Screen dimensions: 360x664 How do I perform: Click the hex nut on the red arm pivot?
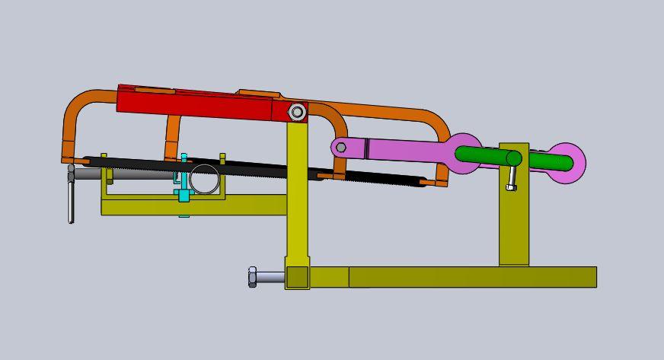297,113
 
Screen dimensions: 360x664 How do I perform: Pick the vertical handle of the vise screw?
71,202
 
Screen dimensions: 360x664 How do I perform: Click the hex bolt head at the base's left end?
253,277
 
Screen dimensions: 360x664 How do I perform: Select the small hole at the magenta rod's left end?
341,147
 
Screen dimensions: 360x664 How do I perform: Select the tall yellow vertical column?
298,198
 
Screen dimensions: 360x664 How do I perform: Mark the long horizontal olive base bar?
472,277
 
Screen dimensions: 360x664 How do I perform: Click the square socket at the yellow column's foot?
298,277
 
